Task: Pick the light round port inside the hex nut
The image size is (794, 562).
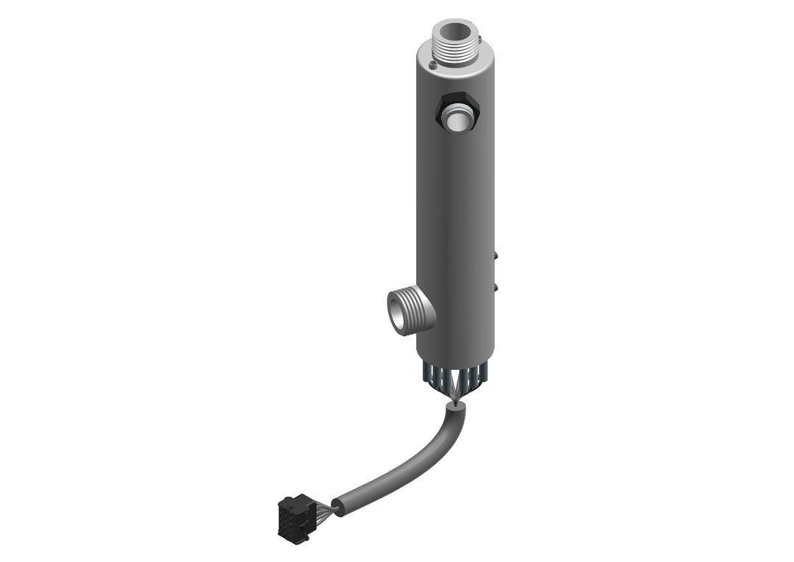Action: (x=459, y=118)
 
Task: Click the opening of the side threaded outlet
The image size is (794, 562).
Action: (x=398, y=311)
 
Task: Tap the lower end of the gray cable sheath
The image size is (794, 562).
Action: (x=339, y=505)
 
